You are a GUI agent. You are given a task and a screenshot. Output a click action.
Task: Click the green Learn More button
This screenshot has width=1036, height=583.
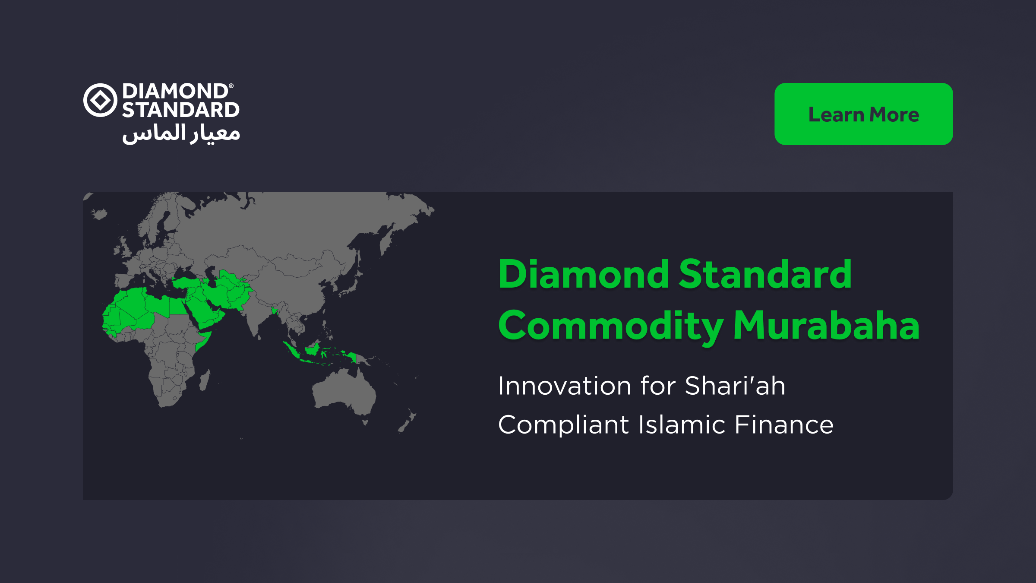point(863,114)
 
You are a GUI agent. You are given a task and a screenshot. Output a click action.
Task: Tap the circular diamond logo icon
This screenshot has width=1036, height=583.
point(100,100)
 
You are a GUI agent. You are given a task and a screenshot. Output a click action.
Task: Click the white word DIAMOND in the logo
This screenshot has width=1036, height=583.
point(175,91)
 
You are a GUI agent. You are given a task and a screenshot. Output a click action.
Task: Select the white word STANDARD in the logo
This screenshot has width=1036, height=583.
point(180,110)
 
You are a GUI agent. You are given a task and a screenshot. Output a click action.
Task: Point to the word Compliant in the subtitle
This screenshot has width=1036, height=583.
point(563,425)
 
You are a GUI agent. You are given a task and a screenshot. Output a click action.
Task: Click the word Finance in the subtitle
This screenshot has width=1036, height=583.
point(784,425)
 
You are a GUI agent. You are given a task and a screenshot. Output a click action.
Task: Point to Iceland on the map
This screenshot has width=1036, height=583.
point(100,214)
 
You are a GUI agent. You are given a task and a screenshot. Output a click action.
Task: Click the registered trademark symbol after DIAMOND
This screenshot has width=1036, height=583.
point(231,86)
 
